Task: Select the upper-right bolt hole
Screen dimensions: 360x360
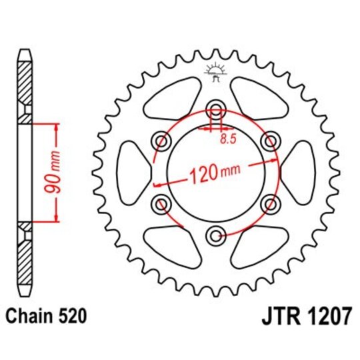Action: [x=269, y=141]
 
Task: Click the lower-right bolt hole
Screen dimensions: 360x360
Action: [x=269, y=203]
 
